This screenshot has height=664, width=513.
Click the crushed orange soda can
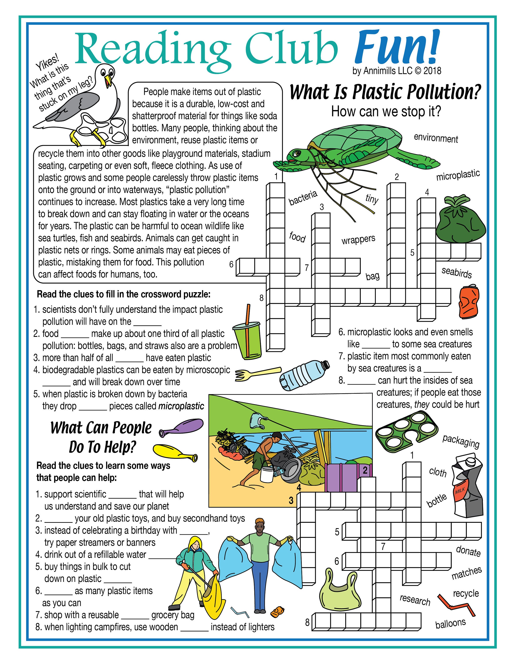coord(469,301)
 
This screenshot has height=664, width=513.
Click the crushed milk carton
coord(467,487)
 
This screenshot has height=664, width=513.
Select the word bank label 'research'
coord(415,600)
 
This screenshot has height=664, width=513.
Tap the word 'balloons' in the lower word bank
coord(450,623)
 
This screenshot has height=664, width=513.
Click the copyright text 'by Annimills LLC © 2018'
coord(397,71)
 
